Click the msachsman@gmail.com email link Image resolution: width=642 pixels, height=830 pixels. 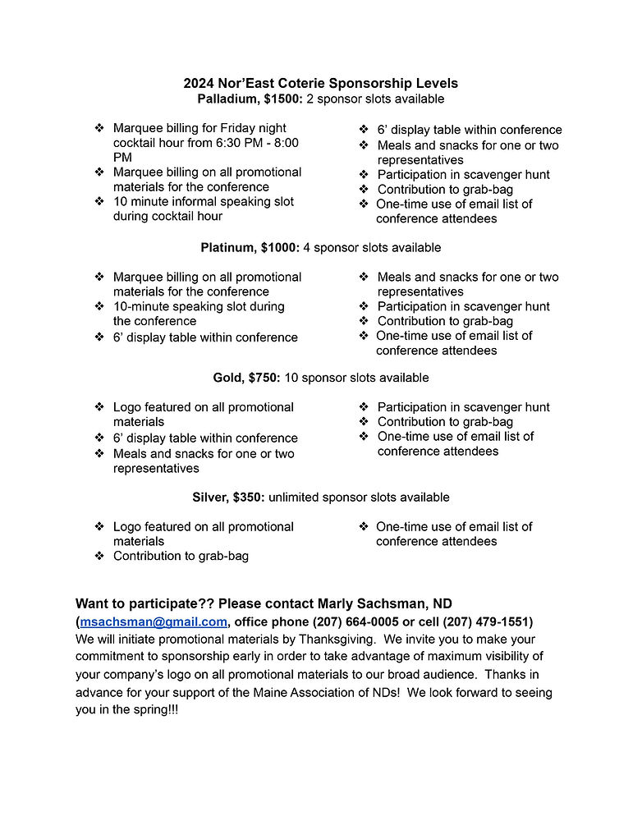[x=154, y=621]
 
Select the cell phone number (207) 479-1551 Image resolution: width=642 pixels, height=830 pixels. [x=488, y=621]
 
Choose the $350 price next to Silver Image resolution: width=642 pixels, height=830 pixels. [x=249, y=497]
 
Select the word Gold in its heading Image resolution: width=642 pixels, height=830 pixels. [x=227, y=378]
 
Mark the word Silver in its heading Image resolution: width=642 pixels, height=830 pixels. [x=209, y=497]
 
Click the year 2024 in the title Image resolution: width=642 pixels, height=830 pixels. [x=199, y=83]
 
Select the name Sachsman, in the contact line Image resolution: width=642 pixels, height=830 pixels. [x=391, y=603]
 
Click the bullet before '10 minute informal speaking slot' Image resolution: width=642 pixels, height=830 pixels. [x=99, y=201]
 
